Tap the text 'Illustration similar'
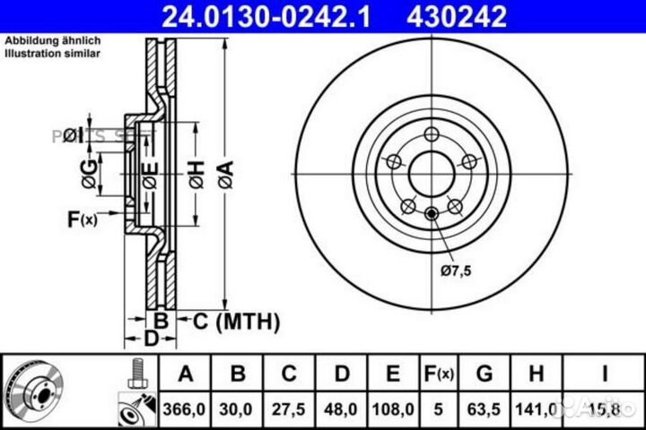click(53, 55)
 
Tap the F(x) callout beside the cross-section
click(83, 219)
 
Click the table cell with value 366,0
click(184, 407)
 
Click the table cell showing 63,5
click(485, 407)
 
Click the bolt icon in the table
click(136, 372)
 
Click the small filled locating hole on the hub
click(432, 212)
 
